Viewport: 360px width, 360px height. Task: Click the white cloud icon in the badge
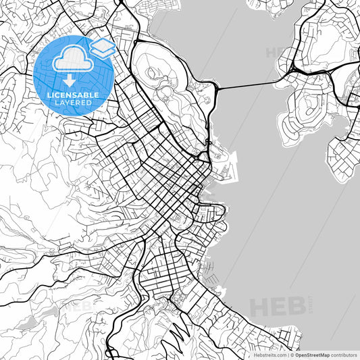tap(70, 59)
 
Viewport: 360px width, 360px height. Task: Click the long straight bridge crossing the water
tap(247, 86)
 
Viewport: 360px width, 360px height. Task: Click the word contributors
tap(344, 354)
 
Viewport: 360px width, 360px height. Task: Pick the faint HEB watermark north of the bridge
tap(277, 53)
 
